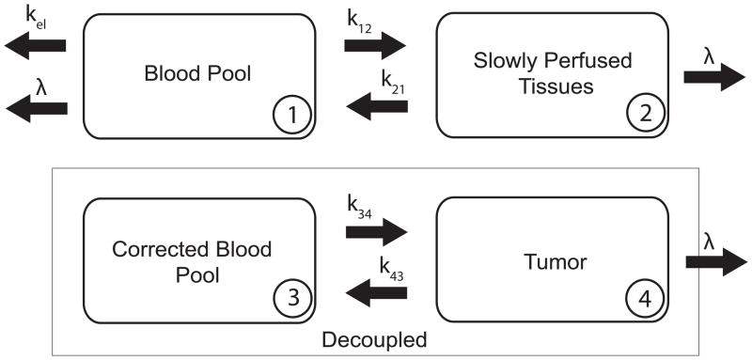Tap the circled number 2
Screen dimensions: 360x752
click(x=646, y=116)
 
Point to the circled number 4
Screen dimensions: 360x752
click(x=646, y=299)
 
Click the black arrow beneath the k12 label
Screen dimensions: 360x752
click(x=375, y=43)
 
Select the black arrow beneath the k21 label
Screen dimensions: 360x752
click(x=377, y=107)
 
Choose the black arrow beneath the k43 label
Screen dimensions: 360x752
click(x=377, y=293)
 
